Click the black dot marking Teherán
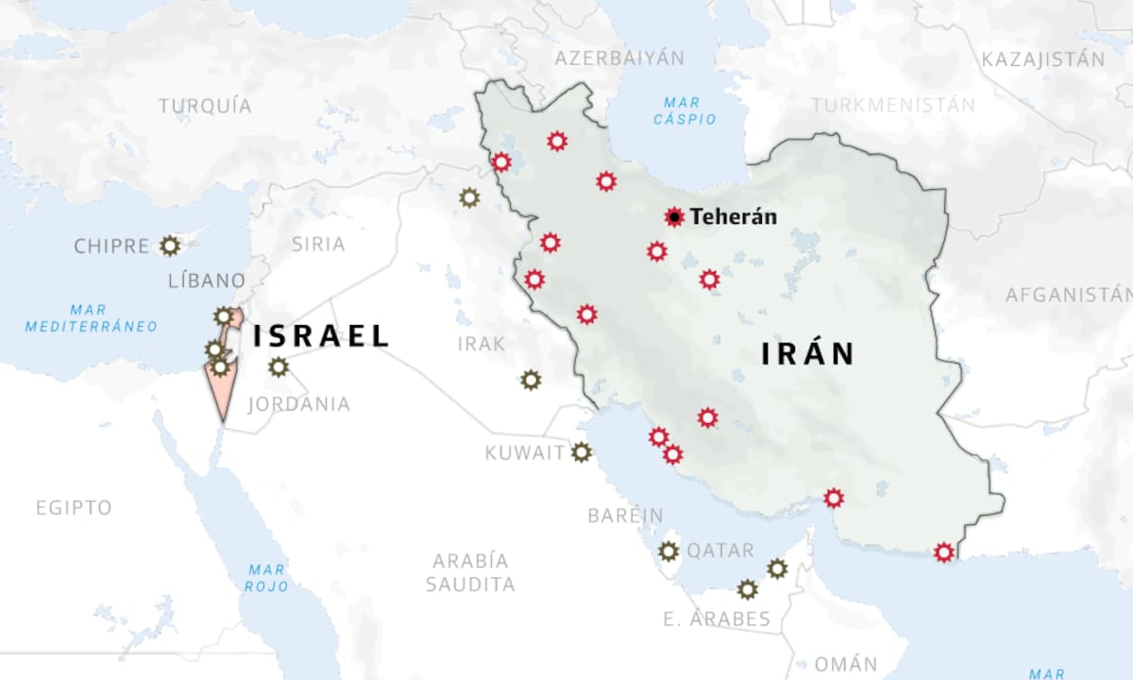click(674, 217)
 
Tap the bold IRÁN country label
click(808, 354)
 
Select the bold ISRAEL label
click(321, 335)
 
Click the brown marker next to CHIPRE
click(170, 246)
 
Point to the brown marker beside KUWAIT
click(582, 452)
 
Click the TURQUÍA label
click(205, 106)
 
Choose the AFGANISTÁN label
click(1067, 295)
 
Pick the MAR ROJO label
click(266, 578)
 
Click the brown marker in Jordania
click(278, 366)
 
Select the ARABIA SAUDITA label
click(470, 572)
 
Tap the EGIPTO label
click(74, 507)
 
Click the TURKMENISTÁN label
click(892, 105)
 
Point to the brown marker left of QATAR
click(668, 551)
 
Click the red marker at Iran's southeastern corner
click(942, 552)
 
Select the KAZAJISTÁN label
click(1042, 59)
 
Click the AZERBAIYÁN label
click(619, 58)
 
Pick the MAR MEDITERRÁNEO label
click(92, 318)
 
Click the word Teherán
click(734, 217)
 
